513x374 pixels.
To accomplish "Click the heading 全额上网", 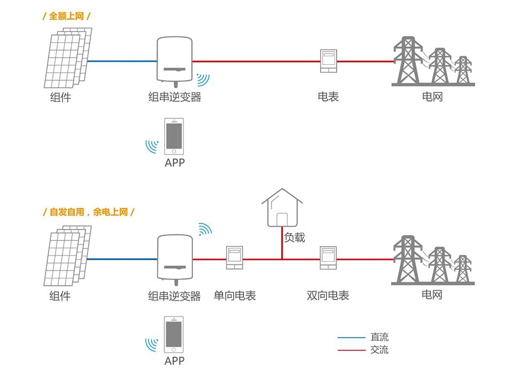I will click(66, 16).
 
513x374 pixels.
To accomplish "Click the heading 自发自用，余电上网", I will click(88, 212).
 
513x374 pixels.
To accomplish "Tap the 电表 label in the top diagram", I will click(328, 97).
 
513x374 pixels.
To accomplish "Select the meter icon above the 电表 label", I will click(328, 61).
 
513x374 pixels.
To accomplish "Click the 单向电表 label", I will click(235, 295).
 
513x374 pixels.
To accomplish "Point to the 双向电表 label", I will click(328, 295).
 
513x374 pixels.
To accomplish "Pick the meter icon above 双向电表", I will click(328, 258).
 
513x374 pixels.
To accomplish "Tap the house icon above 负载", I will click(282, 209).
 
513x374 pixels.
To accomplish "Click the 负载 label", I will click(294, 237).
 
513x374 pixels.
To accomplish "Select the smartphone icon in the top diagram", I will click(174, 136).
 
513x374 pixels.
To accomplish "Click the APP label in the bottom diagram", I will click(174, 361).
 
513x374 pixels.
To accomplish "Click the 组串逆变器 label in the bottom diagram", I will click(174, 295).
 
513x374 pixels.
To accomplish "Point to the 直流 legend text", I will click(379, 338).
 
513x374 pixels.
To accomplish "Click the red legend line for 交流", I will click(351, 350).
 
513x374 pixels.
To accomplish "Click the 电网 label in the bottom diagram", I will click(432, 294).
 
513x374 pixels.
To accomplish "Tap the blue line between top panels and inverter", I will click(122, 61).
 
